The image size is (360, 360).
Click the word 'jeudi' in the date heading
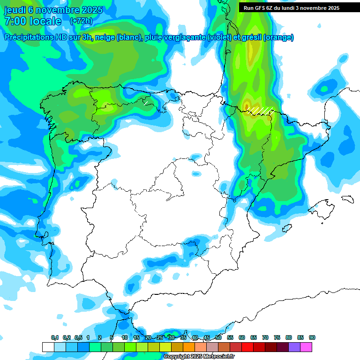click(x=15, y=10)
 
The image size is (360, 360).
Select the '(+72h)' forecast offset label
click(x=81, y=21)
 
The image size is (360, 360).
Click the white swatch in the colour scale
click(x=48, y=347)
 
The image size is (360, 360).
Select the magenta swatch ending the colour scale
click(x=306, y=347)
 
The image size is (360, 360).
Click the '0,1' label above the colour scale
click(x=54, y=337)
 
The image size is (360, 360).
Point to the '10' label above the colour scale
click(x=125, y=337)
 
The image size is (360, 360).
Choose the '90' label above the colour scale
click(x=312, y=337)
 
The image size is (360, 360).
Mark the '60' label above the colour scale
click(x=242, y=337)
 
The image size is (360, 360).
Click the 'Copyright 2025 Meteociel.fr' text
click(x=199, y=357)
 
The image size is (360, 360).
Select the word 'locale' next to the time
click(x=45, y=21)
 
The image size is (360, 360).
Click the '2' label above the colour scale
click(x=100, y=337)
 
